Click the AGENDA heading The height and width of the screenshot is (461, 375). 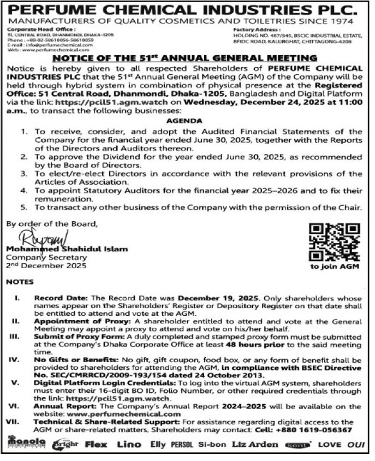[187, 121]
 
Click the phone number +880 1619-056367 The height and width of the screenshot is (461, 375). [317, 429]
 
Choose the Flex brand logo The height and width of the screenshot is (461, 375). [96, 444]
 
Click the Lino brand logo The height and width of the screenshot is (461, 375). [129, 444]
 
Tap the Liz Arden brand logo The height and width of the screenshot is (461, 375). [254, 444]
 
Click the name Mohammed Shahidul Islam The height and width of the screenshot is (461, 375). [66, 249]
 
